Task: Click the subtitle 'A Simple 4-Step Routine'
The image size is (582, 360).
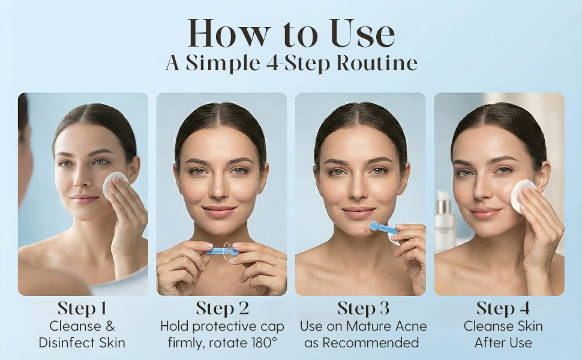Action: pyautogui.click(x=292, y=63)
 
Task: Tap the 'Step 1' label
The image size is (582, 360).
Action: pyautogui.click(x=82, y=308)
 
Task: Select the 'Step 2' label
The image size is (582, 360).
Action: pyautogui.click(x=223, y=308)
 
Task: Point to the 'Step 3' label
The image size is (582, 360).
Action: pyautogui.click(x=364, y=308)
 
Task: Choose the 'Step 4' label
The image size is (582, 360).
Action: pyautogui.click(x=503, y=308)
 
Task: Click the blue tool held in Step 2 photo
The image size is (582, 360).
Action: pyautogui.click(x=222, y=251)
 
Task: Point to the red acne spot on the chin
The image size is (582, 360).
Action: pyautogui.click(x=367, y=231)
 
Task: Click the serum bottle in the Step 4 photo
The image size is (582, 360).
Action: pyautogui.click(x=445, y=222)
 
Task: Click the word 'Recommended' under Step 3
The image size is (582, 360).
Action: pyautogui.click(x=370, y=343)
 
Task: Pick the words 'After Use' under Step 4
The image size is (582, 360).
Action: pyautogui.click(x=503, y=343)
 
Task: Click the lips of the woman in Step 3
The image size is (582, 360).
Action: pyautogui.click(x=359, y=212)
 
